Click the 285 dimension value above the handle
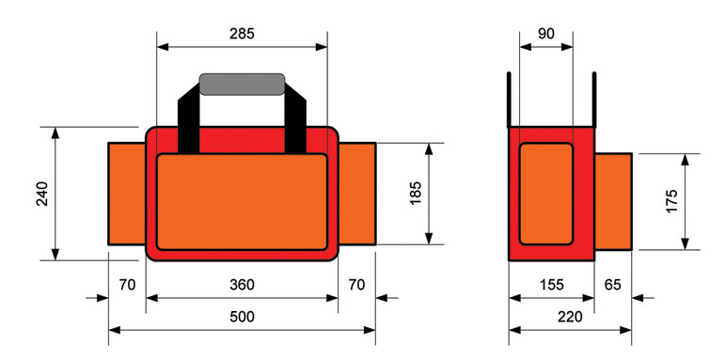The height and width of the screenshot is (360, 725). tap(242, 33)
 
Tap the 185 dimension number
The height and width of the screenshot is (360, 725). tap(415, 193)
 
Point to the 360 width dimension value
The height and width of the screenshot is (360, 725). tap(242, 284)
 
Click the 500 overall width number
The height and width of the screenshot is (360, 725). tap(242, 317)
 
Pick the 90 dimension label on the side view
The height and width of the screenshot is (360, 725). tap(545, 33)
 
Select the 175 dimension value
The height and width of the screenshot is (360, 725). tap(671, 201)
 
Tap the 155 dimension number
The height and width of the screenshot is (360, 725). tap(551, 284)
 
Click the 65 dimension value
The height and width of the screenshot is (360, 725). tap(611, 284)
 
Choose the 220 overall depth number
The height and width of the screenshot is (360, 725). tap(569, 317)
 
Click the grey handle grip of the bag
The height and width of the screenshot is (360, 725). tap(242, 84)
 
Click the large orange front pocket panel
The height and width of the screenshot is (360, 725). tap(242, 201)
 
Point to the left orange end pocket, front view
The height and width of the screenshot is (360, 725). tap(126, 193)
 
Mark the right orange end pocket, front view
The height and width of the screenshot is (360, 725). tap(357, 193)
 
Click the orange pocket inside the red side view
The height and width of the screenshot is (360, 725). tap(545, 193)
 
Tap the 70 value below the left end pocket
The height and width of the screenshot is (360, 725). tap(127, 284)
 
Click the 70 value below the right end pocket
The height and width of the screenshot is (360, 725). tap(357, 284)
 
